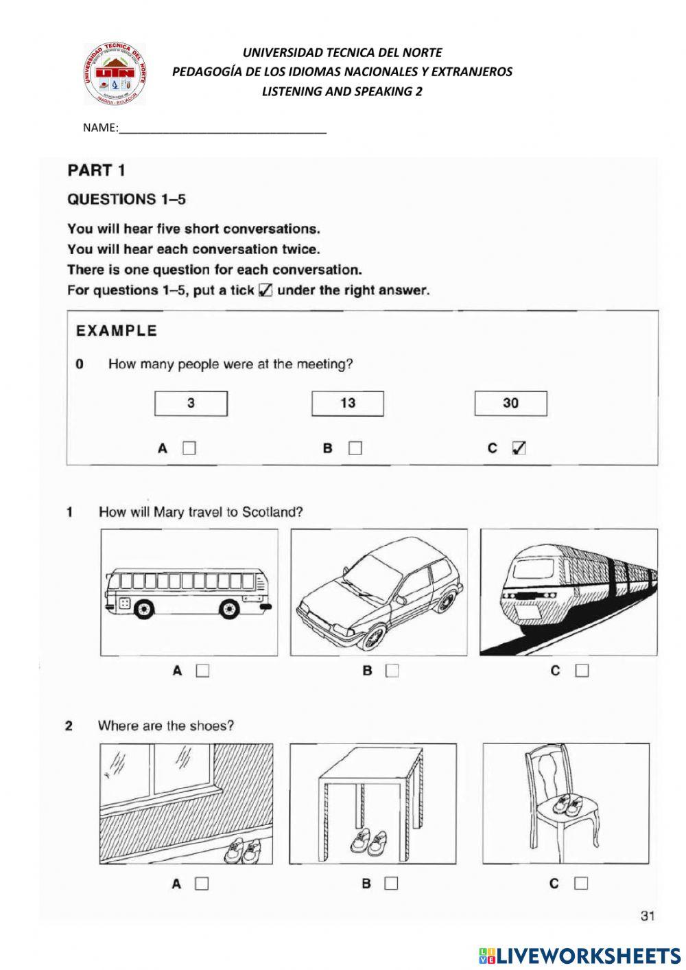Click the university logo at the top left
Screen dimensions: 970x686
[x=115, y=73]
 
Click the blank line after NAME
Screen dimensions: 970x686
[x=222, y=129]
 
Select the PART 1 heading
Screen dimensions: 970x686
[x=96, y=170]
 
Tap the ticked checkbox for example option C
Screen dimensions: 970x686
[x=519, y=448]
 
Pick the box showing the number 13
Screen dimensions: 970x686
[x=347, y=404]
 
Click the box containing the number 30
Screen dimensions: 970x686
[x=510, y=404]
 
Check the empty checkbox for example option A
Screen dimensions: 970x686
[x=189, y=448]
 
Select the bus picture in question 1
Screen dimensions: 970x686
[x=189, y=592]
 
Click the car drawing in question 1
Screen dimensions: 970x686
[x=379, y=592]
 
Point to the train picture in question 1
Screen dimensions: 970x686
[x=569, y=592]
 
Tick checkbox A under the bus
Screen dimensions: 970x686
[x=202, y=671]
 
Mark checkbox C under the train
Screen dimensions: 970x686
[x=582, y=671]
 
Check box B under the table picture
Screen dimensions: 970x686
[x=391, y=884]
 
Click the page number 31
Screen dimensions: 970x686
[x=648, y=914]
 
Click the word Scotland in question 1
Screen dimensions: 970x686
[x=272, y=511]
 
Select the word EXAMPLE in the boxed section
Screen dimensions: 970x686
[x=116, y=331]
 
